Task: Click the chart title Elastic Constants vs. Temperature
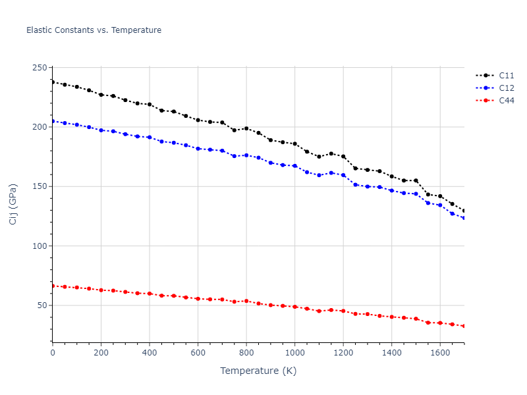click(94, 30)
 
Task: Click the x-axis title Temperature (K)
click(258, 371)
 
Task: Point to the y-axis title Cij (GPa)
click(13, 205)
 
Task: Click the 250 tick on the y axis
click(40, 68)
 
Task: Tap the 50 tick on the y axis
click(42, 305)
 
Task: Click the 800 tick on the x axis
click(246, 353)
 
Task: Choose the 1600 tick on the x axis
click(439, 353)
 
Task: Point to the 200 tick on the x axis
click(101, 353)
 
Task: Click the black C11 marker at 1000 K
click(294, 144)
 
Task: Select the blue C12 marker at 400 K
click(150, 138)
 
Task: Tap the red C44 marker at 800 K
click(246, 301)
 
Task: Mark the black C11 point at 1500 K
click(416, 180)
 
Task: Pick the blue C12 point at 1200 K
click(343, 175)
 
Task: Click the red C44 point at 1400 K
click(391, 317)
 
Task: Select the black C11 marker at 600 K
click(198, 120)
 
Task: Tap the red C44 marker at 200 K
click(101, 290)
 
